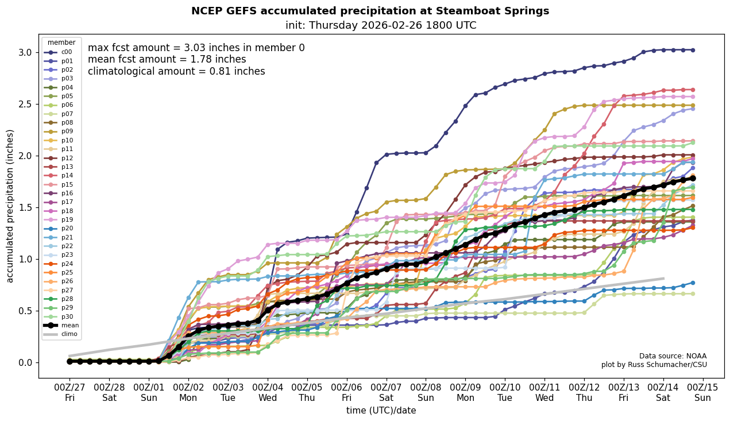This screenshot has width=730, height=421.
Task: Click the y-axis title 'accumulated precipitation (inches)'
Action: (x=10, y=206)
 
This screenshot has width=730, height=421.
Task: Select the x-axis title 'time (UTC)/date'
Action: (x=381, y=411)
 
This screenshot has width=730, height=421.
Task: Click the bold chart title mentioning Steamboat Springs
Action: (x=370, y=11)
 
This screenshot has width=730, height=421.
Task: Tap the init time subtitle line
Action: (x=381, y=25)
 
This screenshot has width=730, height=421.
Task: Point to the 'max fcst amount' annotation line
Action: (x=196, y=48)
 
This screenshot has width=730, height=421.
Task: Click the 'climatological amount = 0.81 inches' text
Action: (x=176, y=71)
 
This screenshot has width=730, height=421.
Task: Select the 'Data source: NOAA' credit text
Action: (x=673, y=356)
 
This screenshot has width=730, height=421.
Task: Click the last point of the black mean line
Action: (x=693, y=179)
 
